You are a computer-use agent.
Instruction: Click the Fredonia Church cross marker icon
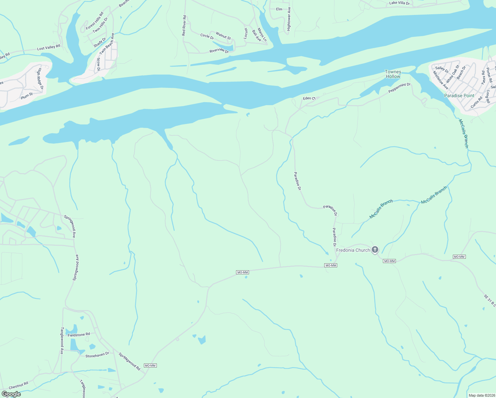[375, 249]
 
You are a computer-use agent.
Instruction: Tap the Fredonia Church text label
[353, 250]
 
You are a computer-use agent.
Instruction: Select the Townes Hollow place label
[393, 74]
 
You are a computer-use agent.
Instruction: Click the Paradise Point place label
[459, 96]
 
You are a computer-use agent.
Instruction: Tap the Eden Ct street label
[309, 99]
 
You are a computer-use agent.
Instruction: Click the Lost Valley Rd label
[49, 47]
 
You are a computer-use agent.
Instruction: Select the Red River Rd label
[184, 26]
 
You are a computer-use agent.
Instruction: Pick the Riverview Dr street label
[219, 50]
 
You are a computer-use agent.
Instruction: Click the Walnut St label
[223, 35]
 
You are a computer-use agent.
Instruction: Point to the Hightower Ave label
[289, 19]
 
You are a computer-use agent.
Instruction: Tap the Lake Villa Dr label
[399, 3]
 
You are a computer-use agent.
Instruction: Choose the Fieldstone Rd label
[79, 335]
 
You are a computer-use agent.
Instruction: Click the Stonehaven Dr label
[97, 355]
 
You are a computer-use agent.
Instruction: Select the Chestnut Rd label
[19, 386]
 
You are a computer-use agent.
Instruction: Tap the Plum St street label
[27, 96]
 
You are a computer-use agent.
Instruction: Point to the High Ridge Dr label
[40, 79]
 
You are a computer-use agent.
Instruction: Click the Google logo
[11, 394]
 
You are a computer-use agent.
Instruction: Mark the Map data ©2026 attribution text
[481, 395]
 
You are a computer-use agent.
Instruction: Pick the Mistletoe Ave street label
[441, 80]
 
